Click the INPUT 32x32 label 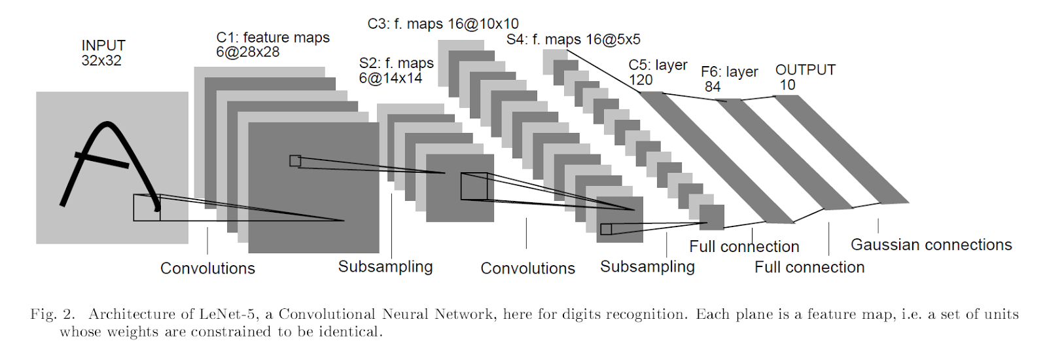click(x=103, y=53)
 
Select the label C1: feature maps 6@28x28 click(x=273, y=45)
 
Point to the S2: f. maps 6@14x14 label click(x=396, y=71)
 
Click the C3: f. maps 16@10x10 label click(x=443, y=24)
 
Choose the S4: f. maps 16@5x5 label click(x=573, y=39)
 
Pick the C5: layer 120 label click(x=657, y=72)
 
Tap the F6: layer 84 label click(x=729, y=79)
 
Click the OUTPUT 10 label click(x=805, y=77)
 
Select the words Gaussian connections click(x=931, y=245)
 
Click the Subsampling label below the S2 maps click(x=385, y=267)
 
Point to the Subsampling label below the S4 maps click(x=647, y=267)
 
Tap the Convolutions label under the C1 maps click(x=207, y=268)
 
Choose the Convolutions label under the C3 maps click(x=527, y=268)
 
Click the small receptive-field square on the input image click(x=147, y=207)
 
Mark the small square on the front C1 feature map click(x=295, y=161)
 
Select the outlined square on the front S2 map click(x=474, y=187)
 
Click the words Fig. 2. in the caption click(x=52, y=314)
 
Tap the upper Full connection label click(x=744, y=247)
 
